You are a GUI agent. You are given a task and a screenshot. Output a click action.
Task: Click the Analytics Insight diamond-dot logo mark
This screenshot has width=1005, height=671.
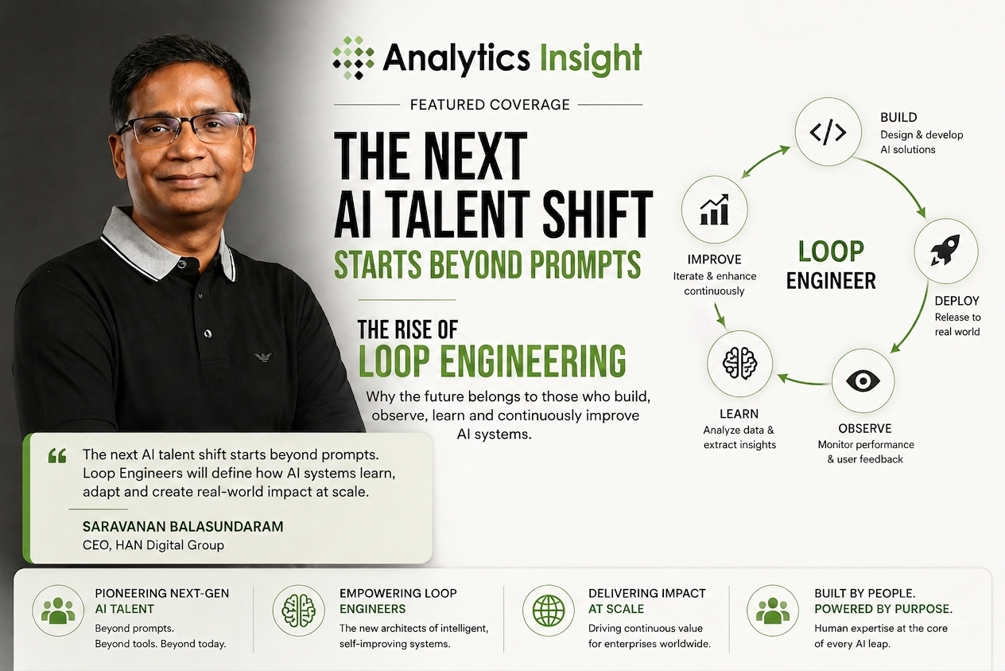point(353,58)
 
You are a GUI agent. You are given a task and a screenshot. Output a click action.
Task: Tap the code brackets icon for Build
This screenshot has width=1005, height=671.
point(828,132)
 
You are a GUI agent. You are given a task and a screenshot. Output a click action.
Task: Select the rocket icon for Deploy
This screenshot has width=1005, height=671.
point(945,250)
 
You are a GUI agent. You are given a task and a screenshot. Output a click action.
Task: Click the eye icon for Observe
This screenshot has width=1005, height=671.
point(863,380)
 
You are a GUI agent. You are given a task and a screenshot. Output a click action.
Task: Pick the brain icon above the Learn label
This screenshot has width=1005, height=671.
point(740,363)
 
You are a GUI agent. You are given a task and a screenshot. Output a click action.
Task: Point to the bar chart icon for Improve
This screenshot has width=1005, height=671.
point(714,209)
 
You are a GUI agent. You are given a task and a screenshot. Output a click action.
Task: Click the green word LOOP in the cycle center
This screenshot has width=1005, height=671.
point(831,252)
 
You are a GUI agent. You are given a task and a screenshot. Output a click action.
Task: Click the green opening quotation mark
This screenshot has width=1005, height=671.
point(57,456)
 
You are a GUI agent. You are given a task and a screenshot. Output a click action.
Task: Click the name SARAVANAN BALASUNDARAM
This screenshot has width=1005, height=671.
point(183,526)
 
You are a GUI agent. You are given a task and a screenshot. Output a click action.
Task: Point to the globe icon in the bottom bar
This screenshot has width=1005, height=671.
point(549,611)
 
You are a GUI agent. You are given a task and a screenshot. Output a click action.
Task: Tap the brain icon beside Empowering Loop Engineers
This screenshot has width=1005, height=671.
point(298,611)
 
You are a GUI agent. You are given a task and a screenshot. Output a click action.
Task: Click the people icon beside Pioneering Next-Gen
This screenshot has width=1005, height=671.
point(58,611)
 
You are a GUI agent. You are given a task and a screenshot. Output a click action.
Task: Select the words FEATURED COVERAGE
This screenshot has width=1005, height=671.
point(490,104)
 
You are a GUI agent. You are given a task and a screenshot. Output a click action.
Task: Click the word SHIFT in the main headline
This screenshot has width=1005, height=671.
point(597,214)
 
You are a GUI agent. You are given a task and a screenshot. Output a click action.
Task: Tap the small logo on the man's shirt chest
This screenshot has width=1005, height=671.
point(263,357)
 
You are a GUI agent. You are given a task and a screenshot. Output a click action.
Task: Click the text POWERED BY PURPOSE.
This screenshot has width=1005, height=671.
point(883,609)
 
